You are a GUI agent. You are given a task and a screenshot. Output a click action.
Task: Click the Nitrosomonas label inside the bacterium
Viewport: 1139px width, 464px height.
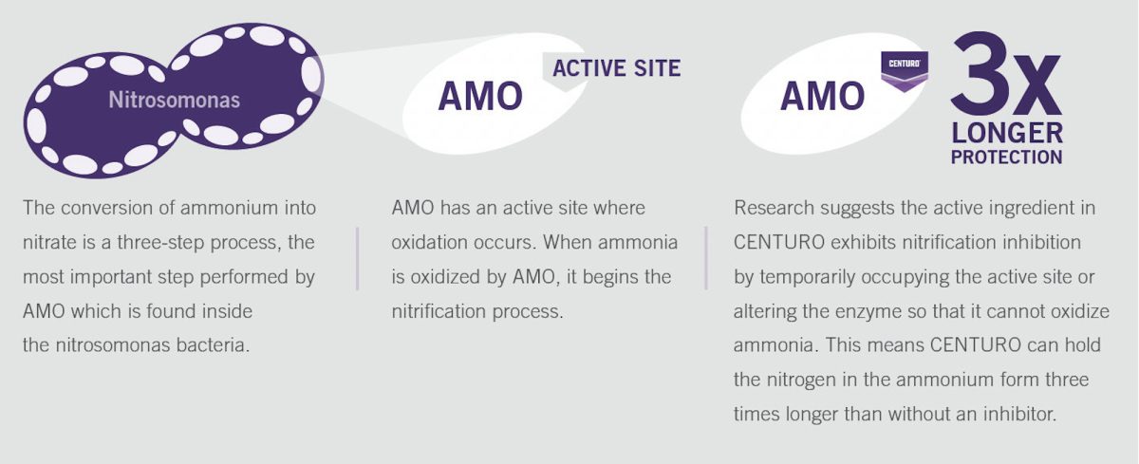174,100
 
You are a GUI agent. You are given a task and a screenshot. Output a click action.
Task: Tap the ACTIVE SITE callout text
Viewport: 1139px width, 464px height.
616,68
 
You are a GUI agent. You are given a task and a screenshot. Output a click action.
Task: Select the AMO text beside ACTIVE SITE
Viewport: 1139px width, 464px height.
480,96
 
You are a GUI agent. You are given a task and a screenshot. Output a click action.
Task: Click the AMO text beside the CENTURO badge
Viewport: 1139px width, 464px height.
822,96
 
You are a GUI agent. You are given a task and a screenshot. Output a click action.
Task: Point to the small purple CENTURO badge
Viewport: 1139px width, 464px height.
905,70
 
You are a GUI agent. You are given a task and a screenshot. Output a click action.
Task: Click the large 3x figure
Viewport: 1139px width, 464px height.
1006,74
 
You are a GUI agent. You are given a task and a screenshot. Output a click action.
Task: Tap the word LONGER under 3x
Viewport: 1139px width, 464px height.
1007,133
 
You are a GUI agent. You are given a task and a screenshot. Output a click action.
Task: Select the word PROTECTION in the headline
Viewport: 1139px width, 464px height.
1007,157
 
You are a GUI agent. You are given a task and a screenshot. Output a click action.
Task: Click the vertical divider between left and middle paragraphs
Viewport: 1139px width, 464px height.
358,259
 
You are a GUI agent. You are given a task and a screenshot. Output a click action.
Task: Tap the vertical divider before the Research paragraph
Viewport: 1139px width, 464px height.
706,258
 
